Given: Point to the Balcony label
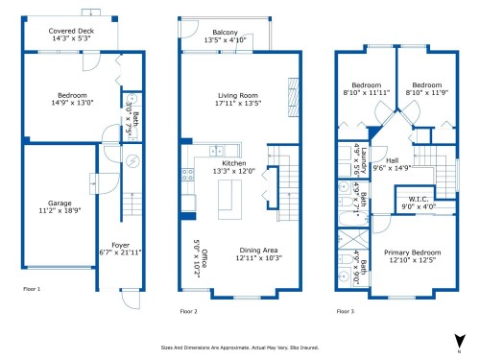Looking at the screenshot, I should click(x=227, y=33).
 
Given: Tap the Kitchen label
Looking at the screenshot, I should click(x=234, y=163).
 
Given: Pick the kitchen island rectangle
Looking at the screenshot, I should click(x=227, y=198).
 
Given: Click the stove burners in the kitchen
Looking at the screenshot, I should click(x=187, y=175).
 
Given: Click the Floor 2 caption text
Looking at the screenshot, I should click(x=188, y=311).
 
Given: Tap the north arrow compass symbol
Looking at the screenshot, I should click(x=459, y=339).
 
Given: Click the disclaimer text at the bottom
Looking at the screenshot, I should click(x=239, y=348).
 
